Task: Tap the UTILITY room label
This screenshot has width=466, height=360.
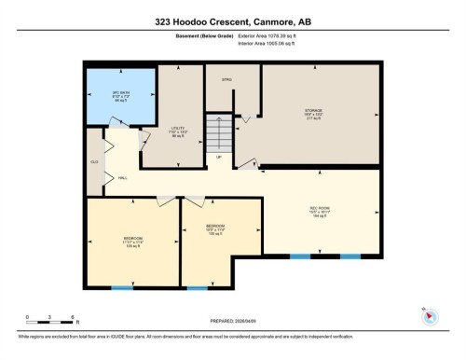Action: coord(179,132)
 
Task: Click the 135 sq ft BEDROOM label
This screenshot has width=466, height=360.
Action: coord(132,242)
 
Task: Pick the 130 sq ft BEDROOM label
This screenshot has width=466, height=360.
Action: coord(215,228)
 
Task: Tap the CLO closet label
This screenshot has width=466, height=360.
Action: coord(94,161)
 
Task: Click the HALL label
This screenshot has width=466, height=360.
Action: coord(122,179)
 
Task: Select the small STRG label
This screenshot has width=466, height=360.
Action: coord(226,80)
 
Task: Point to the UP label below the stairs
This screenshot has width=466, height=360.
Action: coord(219,157)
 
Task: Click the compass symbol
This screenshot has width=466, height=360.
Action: coord(430,314)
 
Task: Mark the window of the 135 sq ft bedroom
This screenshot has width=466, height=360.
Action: coord(122,287)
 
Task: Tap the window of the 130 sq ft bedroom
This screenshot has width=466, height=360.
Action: coord(197,287)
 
